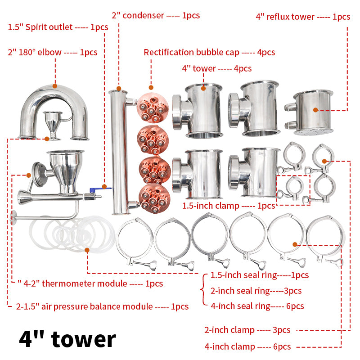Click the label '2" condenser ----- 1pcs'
pyautogui.click(x=156, y=16)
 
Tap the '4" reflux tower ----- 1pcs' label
pyautogui.click(x=303, y=17)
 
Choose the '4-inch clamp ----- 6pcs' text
pyautogui.click(x=247, y=346)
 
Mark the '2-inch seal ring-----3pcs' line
pyautogui.click(x=256, y=291)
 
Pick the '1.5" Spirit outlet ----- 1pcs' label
pyautogui.click(x=58, y=27)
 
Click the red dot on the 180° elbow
pyautogui.click(x=55, y=86)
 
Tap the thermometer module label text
pyautogui.click(x=90, y=284)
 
